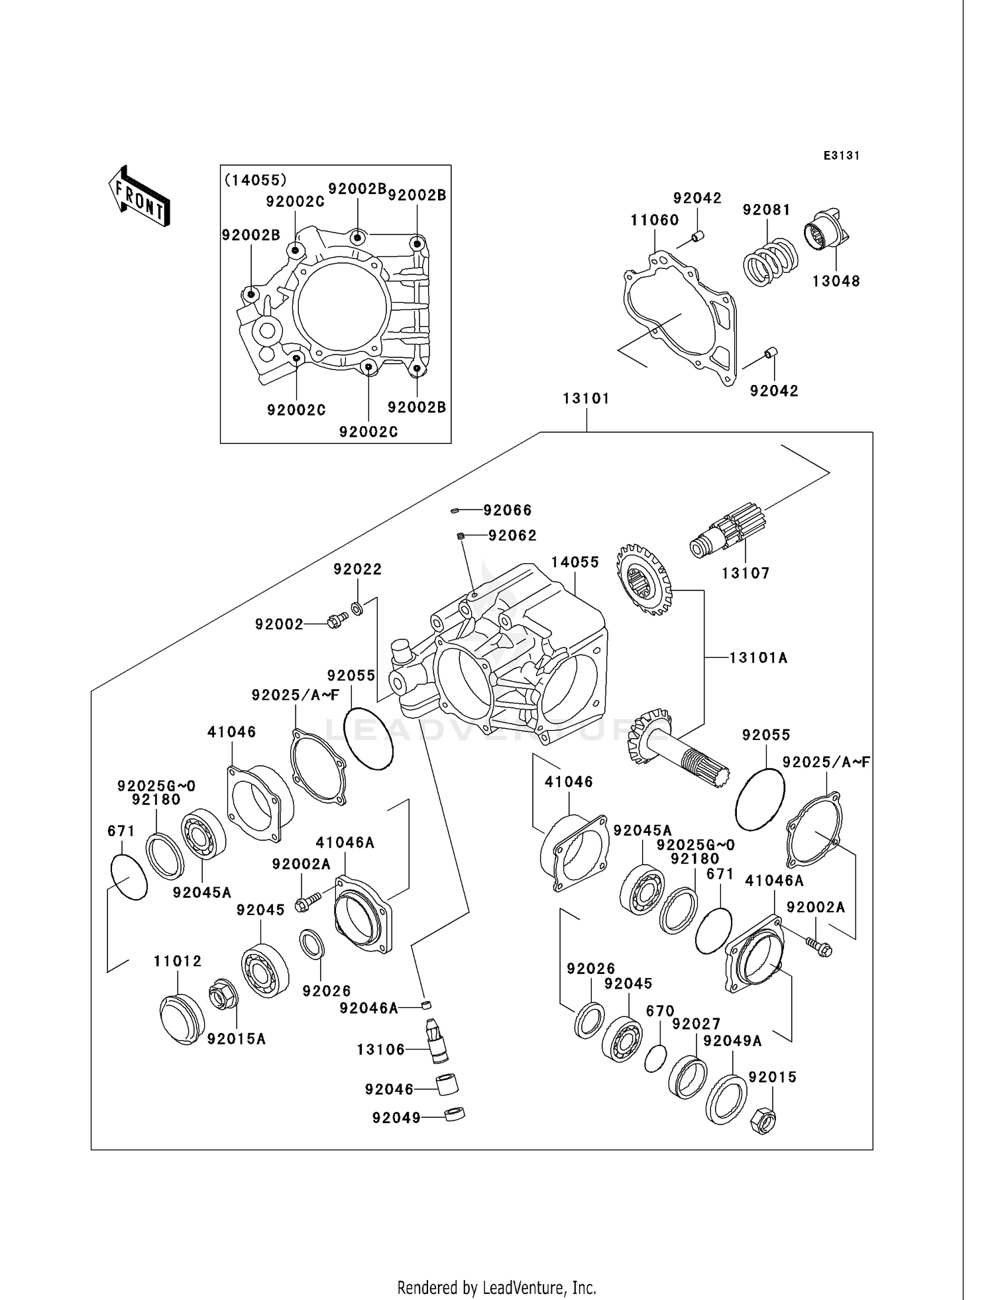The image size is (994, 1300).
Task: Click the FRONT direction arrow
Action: [140, 197]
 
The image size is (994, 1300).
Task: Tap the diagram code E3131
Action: [841, 156]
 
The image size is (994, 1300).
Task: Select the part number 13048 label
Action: [836, 281]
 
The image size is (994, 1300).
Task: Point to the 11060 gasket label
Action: [654, 220]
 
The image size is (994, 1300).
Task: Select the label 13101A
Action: [758, 658]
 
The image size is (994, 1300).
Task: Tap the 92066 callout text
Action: [507, 510]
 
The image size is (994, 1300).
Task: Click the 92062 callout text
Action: [512, 535]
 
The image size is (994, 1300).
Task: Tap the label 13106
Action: [380, 1050]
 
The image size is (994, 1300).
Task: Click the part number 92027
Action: [695, 1024]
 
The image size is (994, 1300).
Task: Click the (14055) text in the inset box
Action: [256, 180]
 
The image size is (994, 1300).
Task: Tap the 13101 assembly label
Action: [586, 399]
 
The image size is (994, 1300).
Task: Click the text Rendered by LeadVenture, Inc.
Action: [496, 1288]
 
